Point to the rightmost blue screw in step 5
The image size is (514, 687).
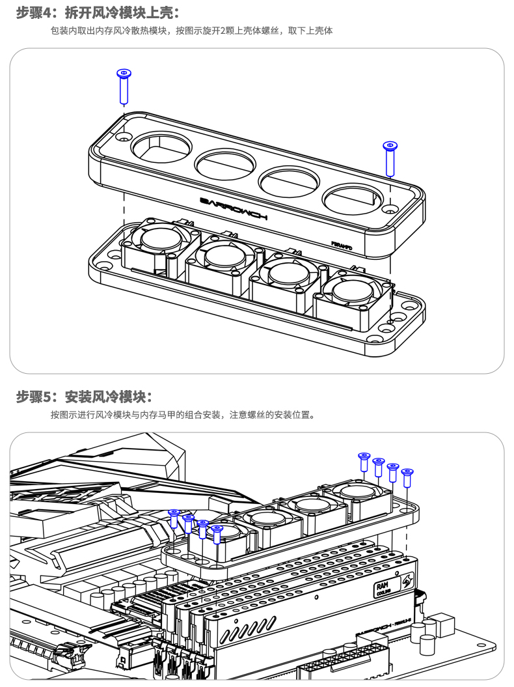point(408,477)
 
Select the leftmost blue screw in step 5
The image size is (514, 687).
point(174,519)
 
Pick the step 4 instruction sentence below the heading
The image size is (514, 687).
point(191,31)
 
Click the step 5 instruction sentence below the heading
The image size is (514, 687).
point(182,415)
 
